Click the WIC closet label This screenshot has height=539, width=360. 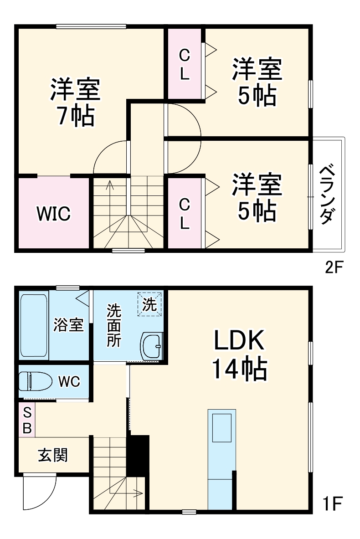[x=53, y=213]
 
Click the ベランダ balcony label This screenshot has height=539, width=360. [x=328, y=195]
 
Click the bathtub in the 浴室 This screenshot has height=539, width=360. [x=34, y=325]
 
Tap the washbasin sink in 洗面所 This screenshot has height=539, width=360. [x=151, y=346]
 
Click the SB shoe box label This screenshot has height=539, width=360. [x=27, y=420]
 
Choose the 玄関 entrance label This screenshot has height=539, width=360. [x=53, y=454]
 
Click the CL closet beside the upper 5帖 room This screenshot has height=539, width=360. [x=184, y=64]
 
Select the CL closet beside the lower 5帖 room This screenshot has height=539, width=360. [x=184, y=213]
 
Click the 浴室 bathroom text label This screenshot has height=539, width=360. [x=68, y=325]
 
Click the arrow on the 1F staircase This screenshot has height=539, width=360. [x=137, y=492]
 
